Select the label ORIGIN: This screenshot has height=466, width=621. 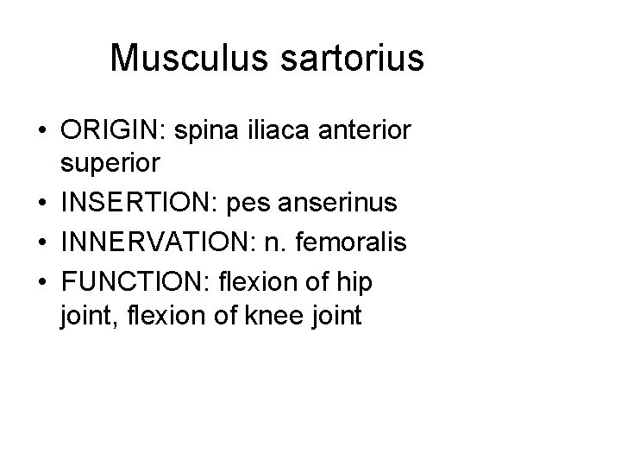pyautogui.click(x=115, y=131)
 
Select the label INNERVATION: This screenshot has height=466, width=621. pyautogui.click(x=154, y=242)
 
